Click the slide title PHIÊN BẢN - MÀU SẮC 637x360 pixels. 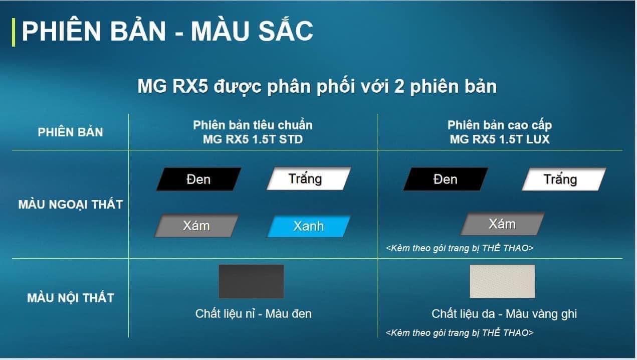point(167,31)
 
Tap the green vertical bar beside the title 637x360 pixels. point(14,32)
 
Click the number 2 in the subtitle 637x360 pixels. point(399,86)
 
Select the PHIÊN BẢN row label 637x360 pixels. point(70,132)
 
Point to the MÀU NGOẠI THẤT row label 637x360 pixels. point(71,205)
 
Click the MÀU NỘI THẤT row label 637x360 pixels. point(71,298)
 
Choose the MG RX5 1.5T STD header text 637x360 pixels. point(253,139)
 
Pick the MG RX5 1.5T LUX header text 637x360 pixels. point(500,139)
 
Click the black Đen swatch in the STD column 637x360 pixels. point(199,179)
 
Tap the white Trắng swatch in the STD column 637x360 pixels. point(309,178)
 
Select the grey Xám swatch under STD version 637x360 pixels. point(196,226)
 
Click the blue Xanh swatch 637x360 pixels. point(309,227)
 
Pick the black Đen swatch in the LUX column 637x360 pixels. point(446,179)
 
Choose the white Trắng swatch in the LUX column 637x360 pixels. point(564,179)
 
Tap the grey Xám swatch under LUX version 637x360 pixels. point(503,224)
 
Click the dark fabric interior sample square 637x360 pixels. point(252,281)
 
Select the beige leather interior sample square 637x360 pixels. point(502,281)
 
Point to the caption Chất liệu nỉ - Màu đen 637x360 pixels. point(254,314)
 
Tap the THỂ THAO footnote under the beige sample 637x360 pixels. point(460,333)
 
